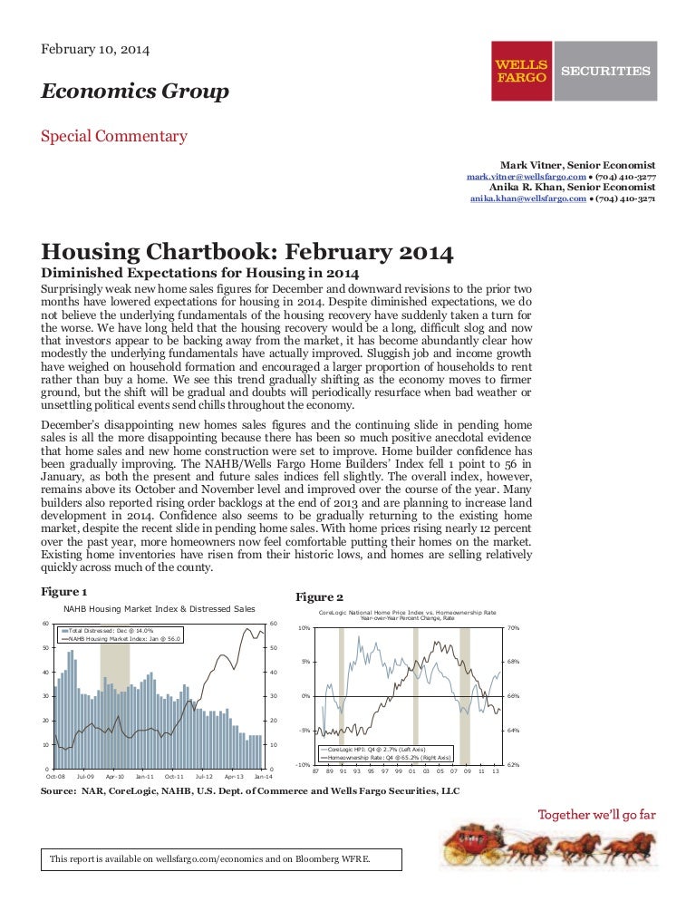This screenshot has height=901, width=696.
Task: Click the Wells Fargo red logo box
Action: [521, 72]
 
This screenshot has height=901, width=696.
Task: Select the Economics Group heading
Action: [134, 92]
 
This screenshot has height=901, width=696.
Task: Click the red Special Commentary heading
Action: [114, 137]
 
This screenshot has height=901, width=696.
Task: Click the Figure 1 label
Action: [64, 591]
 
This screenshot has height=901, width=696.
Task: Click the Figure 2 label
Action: [320, 596]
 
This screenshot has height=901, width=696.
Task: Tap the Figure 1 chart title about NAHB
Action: [159, 608]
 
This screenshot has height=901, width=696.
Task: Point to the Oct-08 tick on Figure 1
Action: [54, 777]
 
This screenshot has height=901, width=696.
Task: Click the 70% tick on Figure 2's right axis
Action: [512, 627]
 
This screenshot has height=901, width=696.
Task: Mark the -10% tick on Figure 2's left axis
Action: [304, 765]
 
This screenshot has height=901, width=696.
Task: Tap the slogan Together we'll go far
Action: [597, 814]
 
